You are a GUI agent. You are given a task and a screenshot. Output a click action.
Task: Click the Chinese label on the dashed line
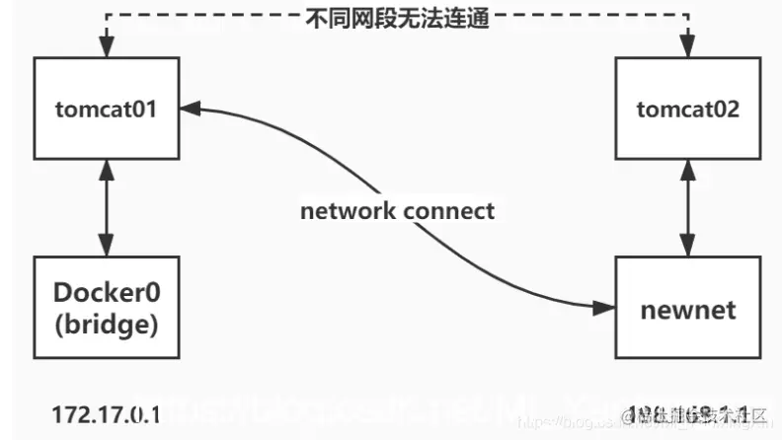(392, 17)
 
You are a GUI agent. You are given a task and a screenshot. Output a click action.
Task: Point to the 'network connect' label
(398, 210)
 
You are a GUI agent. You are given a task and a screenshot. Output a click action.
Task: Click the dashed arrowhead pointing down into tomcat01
(106, 47)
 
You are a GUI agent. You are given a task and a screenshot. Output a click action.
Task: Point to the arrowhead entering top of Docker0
(106, 249)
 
